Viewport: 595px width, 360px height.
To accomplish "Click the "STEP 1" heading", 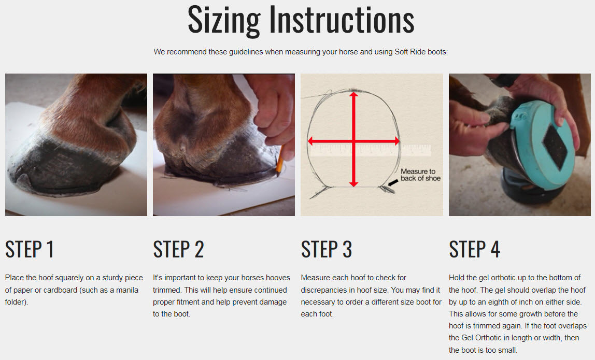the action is (29, 249).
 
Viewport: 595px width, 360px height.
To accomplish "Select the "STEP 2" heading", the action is (178, 249).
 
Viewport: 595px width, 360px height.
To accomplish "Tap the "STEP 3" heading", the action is (327, 249).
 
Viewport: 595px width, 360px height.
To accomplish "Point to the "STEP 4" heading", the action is (474, 249).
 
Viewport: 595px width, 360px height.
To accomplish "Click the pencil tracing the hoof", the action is (280, 161).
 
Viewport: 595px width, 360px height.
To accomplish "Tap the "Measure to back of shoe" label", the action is (420, 175).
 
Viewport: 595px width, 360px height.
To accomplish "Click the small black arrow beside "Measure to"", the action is (392, 183).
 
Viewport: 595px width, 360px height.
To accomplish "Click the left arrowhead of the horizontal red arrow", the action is (310, 141).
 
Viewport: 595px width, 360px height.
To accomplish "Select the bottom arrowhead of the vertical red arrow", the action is (353, 184).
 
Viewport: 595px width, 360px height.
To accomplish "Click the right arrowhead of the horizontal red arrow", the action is (396, 141).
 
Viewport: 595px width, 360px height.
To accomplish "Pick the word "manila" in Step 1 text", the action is (127, 290).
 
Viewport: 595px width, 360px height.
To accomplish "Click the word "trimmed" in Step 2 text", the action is (167, 290).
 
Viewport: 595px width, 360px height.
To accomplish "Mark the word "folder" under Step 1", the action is (16, 302).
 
